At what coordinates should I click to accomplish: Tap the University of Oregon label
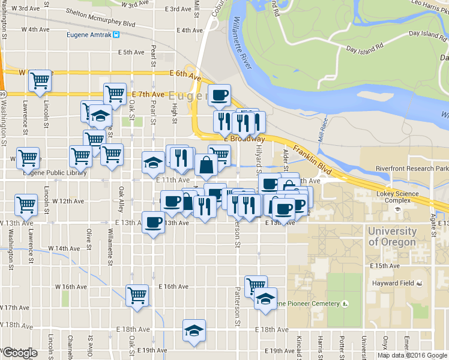pyautogui.click(x=392, y=236)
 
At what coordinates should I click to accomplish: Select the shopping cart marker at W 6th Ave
pyautogui.click(x=40, y=80)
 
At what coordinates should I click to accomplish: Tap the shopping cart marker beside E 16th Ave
pyautogui.click(x=137, y=295)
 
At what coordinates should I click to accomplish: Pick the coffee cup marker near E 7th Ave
pyautogui.click(x=219, y=94)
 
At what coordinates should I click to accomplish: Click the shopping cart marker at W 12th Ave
pyautogui.click(x=26, y=205)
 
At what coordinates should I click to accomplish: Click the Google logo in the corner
pyautogui.click(x=19, y=353)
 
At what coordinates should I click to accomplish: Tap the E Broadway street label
pyautogui.click(x=244, y=139)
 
